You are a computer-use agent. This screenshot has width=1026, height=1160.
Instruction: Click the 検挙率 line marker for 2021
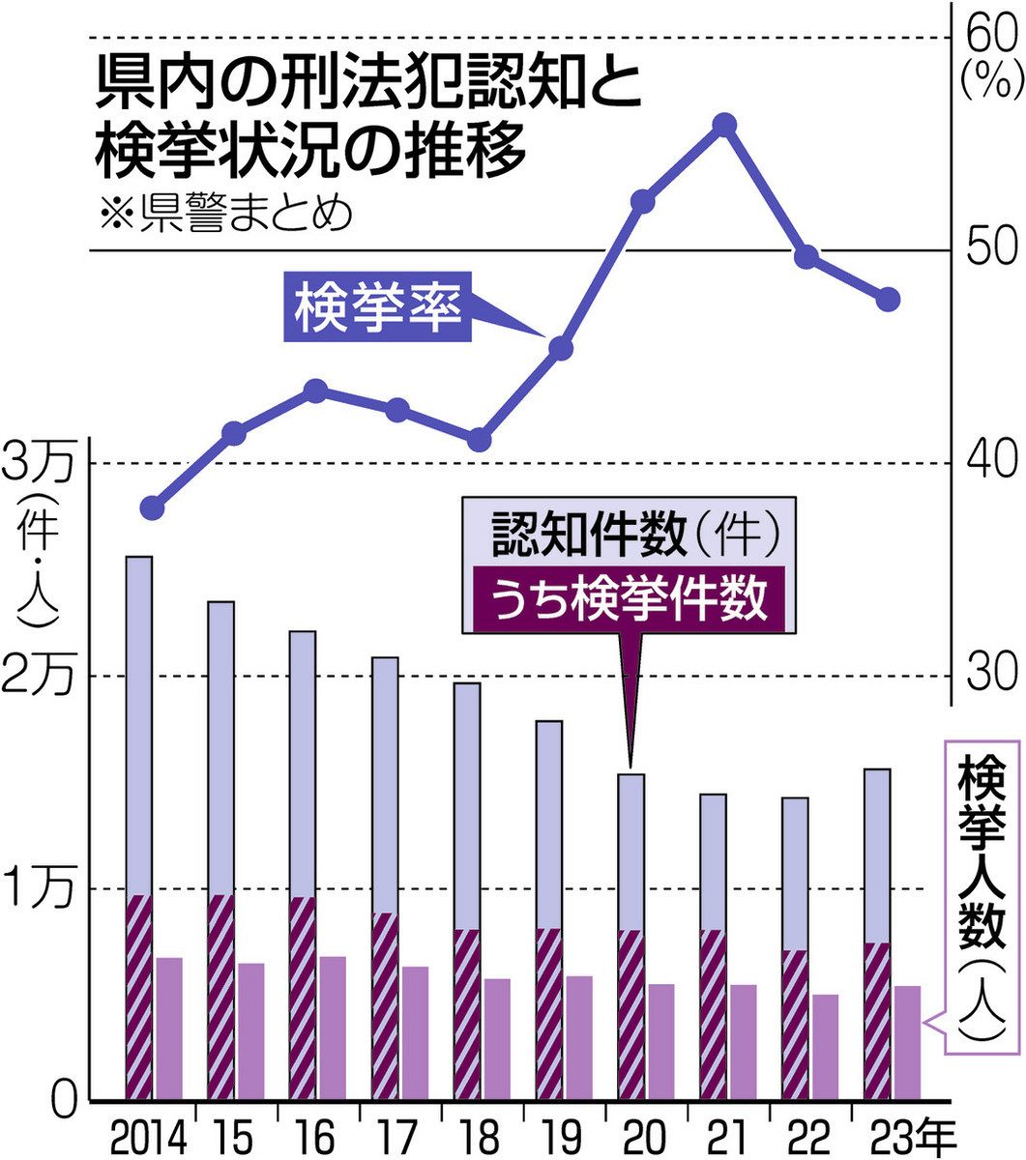[x=725, y=125]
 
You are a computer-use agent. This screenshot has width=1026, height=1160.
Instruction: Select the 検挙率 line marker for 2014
[x=152, y=507]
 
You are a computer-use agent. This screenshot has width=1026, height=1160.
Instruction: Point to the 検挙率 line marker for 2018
[x=480, y=440]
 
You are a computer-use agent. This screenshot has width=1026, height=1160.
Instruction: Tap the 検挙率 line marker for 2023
[x=889, y=300]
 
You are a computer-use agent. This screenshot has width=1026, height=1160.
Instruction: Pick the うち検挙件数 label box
[x=630, y=601]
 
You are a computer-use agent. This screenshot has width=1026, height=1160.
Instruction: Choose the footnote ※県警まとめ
[x=221, y=213]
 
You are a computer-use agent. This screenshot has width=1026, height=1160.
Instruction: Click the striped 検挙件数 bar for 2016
[x=303, y=999]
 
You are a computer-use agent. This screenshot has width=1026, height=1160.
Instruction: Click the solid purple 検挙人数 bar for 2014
[x=169, y=1029]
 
